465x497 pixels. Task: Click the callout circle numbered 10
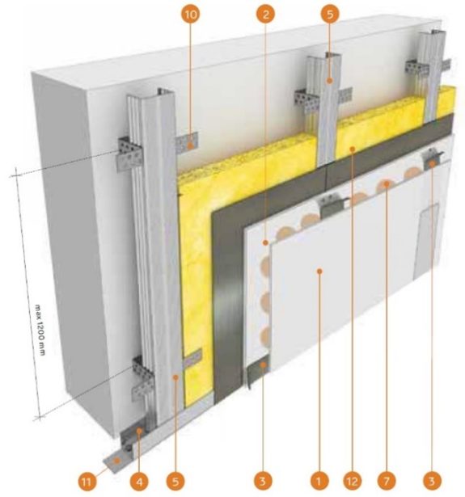click(191, 14)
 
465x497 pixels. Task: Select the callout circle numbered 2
click(266, 14)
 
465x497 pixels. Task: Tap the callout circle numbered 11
click(87, 482)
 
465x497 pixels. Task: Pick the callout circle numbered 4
click(139, 482)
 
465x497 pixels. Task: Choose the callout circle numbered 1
click(319, 482)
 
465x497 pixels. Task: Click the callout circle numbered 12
click(352, 482)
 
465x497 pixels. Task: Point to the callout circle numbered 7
click(387, 482)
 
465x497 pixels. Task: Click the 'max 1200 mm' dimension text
click(40, 330)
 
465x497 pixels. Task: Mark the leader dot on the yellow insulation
click(352, 149)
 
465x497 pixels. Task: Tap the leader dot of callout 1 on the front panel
click(319, 272)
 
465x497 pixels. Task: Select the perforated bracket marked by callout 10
click(187, 143)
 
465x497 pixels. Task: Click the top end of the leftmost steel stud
click(166, 92)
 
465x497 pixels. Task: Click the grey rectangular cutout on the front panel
click(427, 242)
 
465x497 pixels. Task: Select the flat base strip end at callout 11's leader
click(114, 462)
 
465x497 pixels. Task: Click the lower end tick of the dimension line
click(39, 418)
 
